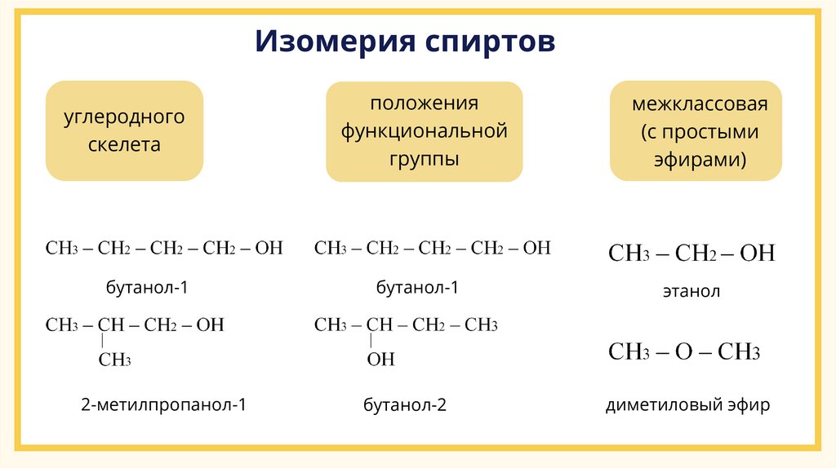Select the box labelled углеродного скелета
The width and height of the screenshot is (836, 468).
tap(124, 130)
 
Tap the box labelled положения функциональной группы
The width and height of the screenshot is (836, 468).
tap(424, 131)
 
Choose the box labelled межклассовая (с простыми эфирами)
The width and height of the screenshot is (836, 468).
tap(696, 131)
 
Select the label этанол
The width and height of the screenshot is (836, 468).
tap(691, 291)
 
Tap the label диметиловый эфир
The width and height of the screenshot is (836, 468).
tap(687, 404)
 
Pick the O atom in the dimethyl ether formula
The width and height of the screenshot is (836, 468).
tap(683, 353)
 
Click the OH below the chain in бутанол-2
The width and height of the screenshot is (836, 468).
tap(380, 359)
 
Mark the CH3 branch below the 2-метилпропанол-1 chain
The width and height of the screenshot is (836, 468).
tap(115, 360)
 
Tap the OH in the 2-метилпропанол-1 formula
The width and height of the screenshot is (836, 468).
tap(210, 325)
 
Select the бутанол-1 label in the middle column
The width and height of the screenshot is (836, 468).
tap(417, 287)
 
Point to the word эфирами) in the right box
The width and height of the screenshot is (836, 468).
tap(700, 158)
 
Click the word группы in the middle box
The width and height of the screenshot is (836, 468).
tap(424, 158)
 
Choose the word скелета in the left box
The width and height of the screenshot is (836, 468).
tap(125, 145)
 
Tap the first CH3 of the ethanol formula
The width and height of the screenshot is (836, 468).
tap(629, 254)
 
